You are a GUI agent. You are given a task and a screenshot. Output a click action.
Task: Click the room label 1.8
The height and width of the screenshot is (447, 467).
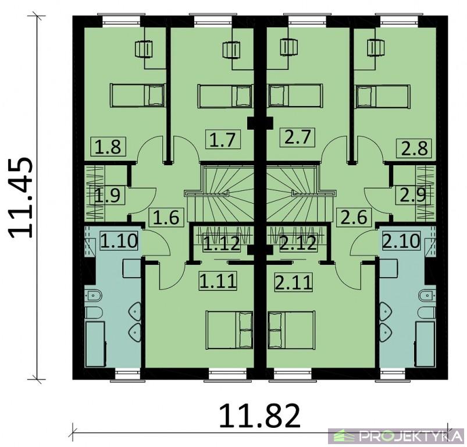(x=109, y=147)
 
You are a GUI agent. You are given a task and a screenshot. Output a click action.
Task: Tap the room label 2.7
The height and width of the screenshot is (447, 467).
(x=298, y=137)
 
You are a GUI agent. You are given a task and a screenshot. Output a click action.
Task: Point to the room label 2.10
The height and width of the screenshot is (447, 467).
(x=401, y=240)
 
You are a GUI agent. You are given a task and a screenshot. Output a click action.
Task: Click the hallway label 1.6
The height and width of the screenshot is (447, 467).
(x=167, y=217)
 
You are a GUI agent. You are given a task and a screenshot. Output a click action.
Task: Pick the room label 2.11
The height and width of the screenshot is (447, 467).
(x=294, y=282)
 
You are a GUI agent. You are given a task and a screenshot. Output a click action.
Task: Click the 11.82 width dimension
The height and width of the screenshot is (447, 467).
(x=259, y=415)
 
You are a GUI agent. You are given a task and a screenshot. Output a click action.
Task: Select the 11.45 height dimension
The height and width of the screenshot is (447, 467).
(x=20, y=198)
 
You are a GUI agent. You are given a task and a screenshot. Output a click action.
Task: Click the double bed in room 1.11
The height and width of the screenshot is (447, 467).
(x=229, y=329)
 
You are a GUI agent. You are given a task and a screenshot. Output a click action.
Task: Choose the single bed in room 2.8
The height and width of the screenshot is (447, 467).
(x=383, y=96)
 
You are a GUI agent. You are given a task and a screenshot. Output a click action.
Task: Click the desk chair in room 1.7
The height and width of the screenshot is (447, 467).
(x=231, y=49)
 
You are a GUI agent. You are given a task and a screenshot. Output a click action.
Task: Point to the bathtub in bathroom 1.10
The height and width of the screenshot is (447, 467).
(x=95, y=343)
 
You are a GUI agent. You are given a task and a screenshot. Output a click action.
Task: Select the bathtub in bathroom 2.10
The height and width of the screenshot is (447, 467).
(x=426, y=343)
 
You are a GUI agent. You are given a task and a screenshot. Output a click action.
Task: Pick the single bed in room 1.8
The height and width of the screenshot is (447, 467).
(x=138, y=95)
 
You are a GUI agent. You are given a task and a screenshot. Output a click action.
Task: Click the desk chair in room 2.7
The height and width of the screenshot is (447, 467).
(x=289, y=48)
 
